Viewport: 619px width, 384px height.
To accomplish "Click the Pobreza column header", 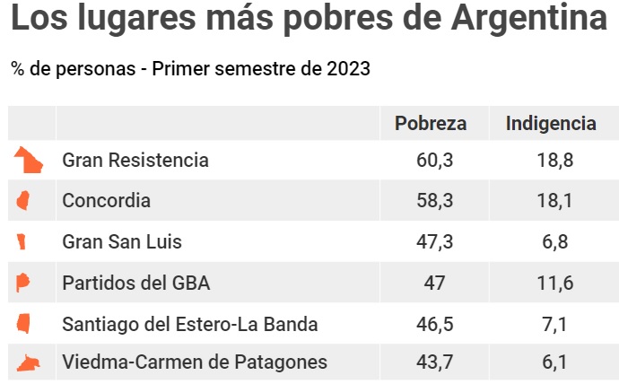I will click(x=431, y=124).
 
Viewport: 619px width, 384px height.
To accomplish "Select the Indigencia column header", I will click(x=551, y=124).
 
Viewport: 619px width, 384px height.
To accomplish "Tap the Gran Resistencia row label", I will click(x=135, y=161).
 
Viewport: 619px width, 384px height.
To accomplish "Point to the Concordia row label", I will click(x=106, y=201).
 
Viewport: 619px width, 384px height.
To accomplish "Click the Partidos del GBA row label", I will click(x=135, y=284).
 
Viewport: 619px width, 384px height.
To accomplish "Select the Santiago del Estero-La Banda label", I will click(x=190, y=324).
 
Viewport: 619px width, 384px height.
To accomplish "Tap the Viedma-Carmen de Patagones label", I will click(x=195, y=363).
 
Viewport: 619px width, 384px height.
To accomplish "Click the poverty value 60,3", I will click(x=434, y=161).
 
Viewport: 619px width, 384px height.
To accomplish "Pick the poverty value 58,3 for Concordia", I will click(x=434, y=201).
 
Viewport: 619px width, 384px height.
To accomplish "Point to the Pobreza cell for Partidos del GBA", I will click(x=434, y=284).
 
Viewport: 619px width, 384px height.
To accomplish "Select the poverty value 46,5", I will click(x=434, y=324).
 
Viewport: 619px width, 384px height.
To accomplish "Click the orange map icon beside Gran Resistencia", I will click(x=28, y=161).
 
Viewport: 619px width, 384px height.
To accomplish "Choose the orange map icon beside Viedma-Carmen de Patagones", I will click(x=29, y=362).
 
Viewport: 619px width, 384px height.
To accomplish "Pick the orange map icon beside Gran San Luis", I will click(x=22, y=241).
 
